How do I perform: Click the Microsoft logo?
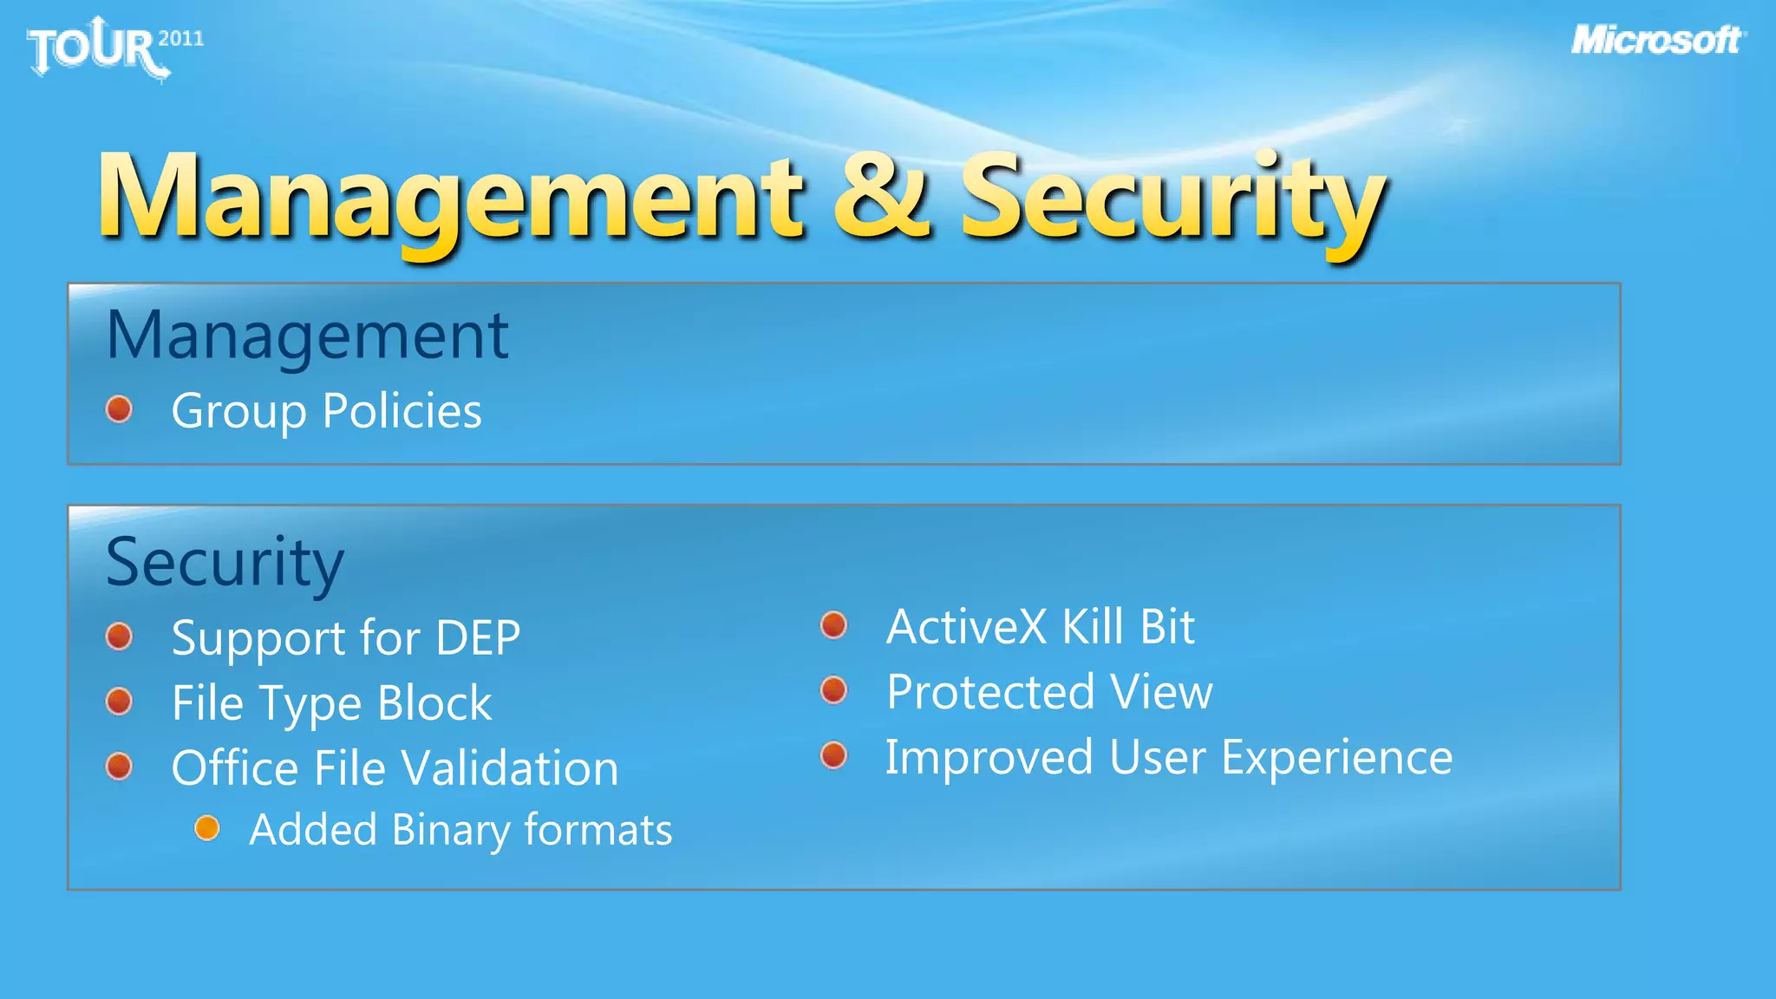pyautogui.click(x=1657, y=41)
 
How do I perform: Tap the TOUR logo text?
pyautogui.click(x=94, y=49)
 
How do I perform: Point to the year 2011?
pyautogui.click(x=181, y=38)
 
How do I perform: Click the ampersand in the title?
pyautogui.click(x=880, y=197)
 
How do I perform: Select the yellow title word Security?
pyautogui.click(x=1172, y=199)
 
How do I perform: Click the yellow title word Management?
pyautogui.click(x=451, y=199)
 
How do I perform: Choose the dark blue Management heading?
pyautogui.click(x=307, y=336)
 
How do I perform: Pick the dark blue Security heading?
pyautogui.click(x=225, y=563)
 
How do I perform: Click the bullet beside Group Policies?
pyautogui.click(x=119, y=409)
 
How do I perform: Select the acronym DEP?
pyautogui.click(x=478, y=638)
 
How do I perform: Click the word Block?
pyautogui.click(x=434, y=703)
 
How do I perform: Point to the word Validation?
pyautogui.click(x=510, y=768)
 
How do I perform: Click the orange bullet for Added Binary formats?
pyautogui.click(x=207, y=828)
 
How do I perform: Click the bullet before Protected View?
pyautogui.click(x=833, y=690)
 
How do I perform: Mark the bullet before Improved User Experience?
pyautogui.click(x=833, y=755)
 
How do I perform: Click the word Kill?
pyautogui.click(x=1094, y=627)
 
